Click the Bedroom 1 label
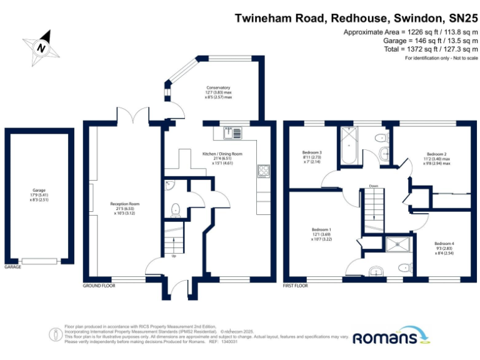(321, 234)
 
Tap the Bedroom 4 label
(444, 247)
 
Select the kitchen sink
(231, 132)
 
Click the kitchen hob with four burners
(263, 171)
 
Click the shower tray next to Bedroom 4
(395, 246)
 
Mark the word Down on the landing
(374, 186)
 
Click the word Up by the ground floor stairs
(172, 256)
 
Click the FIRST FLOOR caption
(296, 286)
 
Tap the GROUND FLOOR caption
(99, 286)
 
